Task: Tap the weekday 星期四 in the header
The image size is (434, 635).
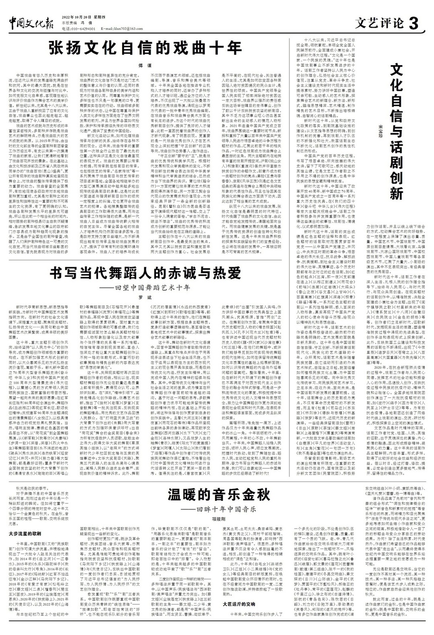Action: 99,16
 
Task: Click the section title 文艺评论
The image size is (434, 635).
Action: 379,22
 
